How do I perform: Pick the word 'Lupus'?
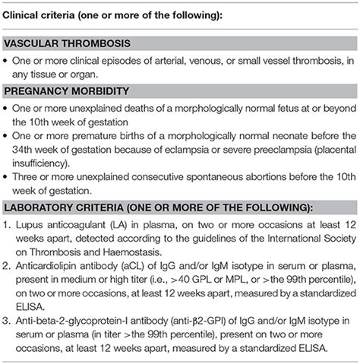[x=30, y=228]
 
